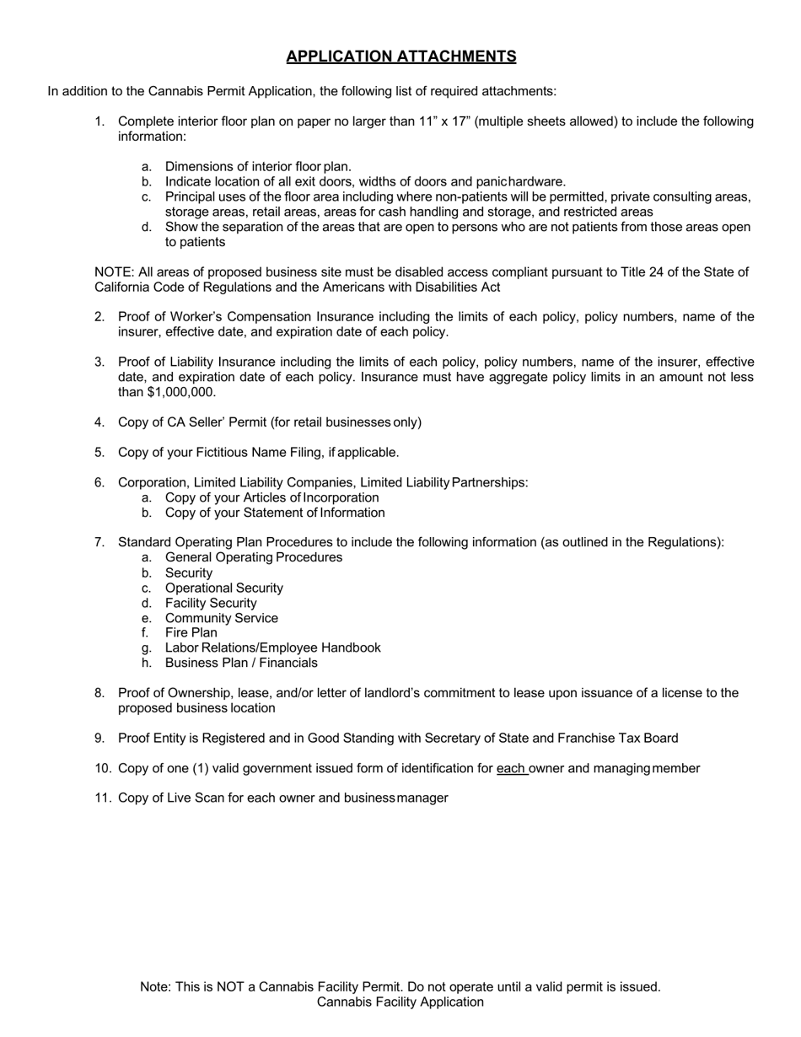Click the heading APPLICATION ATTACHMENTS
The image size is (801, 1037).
pos(400,56)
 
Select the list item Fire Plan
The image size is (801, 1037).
pos(191,632)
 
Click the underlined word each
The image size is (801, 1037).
pos(511,768)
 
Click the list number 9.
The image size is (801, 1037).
pos(99,738)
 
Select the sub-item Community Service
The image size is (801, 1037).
pos(221,618)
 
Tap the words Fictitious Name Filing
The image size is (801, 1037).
pos(250,452)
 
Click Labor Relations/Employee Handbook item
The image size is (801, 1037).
pos(272,647)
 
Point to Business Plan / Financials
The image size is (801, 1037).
pos(241,663)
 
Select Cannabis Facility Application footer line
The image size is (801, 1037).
pos(400,1002)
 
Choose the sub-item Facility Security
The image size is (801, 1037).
pos(211,603)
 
